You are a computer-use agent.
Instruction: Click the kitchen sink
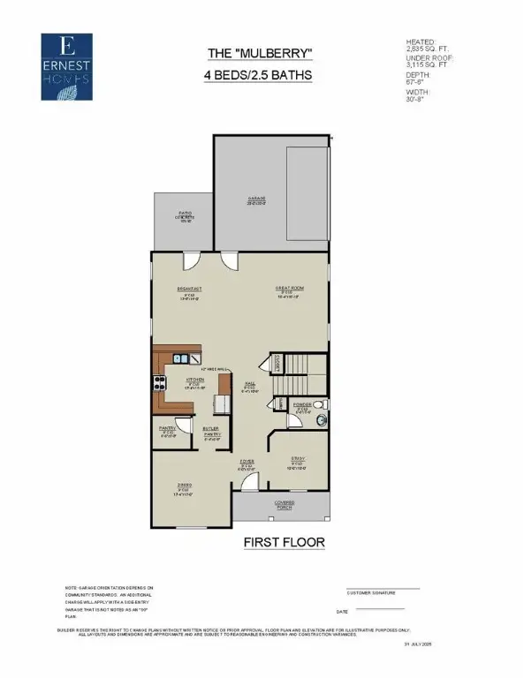180,358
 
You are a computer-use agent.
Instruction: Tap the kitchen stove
161,383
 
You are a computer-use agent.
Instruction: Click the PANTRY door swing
182,425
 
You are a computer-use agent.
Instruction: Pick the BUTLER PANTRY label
212,433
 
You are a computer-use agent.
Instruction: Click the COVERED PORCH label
283,505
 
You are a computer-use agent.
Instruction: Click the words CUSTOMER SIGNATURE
370,594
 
